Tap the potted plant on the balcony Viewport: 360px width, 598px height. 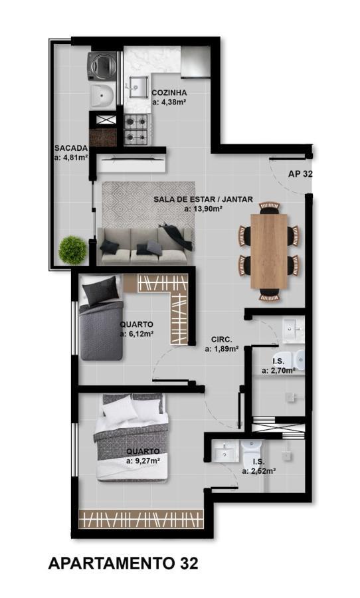72,250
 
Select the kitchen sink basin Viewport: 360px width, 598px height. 138,86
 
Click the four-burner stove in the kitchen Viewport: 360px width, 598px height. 136,129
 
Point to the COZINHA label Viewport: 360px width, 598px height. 169,93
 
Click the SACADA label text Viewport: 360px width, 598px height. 69,149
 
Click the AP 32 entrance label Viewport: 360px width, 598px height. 300,174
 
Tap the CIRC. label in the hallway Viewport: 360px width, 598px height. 221,339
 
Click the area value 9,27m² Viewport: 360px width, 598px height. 142,459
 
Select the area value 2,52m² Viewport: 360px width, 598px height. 258,470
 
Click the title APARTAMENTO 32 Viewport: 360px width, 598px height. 123,563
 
